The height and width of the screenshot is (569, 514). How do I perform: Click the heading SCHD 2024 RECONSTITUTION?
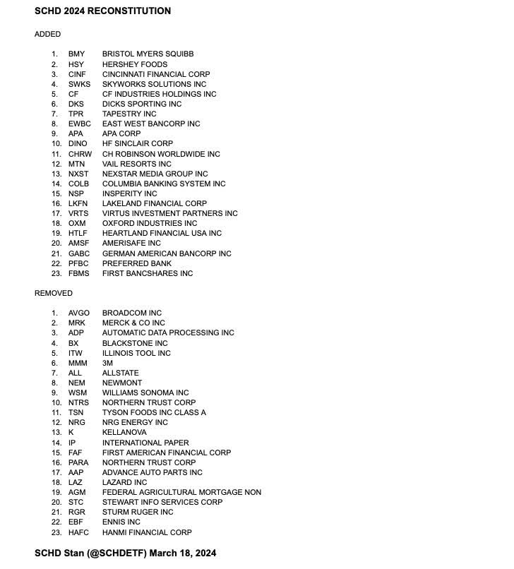(102, 11)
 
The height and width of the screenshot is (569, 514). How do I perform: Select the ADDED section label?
(48, 34)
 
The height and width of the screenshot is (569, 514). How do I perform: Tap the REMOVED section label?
(54, 293)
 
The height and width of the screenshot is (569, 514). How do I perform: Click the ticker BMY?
(76, 54)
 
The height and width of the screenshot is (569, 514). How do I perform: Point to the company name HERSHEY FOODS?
(135, 64)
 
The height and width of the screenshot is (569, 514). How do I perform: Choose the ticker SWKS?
(79, 84)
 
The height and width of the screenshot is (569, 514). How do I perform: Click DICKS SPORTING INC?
(142, 104)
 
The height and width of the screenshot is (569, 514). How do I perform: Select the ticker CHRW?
(80, 154)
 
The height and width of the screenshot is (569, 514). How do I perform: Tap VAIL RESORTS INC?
(137, 164)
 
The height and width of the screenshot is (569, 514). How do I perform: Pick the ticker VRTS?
(78, 213)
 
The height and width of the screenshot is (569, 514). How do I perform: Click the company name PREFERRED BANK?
(137, 263)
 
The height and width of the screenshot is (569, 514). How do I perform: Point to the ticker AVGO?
(79, 313)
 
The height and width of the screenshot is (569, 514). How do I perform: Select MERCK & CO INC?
(133, 323)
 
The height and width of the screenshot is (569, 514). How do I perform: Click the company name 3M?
(107, 363)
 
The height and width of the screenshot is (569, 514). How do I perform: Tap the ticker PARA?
(78, 462)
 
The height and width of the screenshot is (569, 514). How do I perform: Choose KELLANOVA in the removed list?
(125, 432)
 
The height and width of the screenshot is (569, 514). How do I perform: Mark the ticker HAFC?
(79, 532)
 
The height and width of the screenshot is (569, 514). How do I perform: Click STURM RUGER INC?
(138, 512)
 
